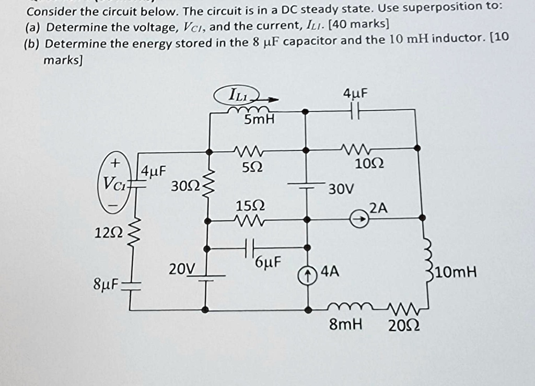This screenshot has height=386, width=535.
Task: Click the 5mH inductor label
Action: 260,120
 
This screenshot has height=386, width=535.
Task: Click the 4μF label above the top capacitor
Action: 355,94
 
